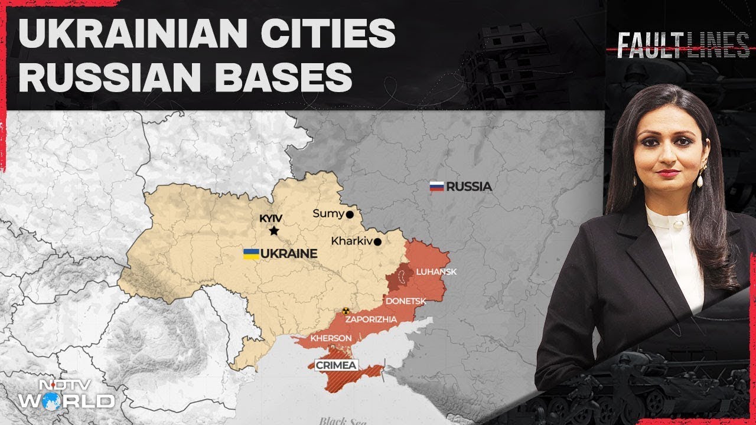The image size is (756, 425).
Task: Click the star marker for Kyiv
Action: [273, 231]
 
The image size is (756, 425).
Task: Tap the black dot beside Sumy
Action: [350, 215]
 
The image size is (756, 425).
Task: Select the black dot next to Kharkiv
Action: [377, 241]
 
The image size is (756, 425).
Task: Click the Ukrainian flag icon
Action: [251, 254]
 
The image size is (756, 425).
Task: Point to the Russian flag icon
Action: [436, 187]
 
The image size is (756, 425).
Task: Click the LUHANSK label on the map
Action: [432, 272]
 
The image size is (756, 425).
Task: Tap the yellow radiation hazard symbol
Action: [346, 310]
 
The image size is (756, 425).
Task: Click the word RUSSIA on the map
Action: [469, 187]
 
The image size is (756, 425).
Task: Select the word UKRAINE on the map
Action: [289, 254]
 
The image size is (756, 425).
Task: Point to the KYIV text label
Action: [272, 218]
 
